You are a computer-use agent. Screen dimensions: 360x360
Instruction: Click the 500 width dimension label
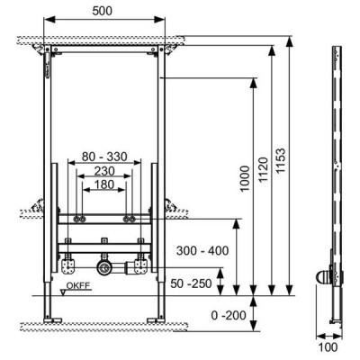coord(102,11)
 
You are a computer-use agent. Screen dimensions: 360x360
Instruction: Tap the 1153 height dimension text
coord(281,161)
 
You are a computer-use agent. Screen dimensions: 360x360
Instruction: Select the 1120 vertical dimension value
coord(264,169)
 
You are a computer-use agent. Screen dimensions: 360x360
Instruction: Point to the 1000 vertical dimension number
coord(245,178)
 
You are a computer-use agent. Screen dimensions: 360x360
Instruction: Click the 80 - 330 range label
coord(104,157)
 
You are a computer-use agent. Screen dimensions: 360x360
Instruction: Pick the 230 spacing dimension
coord(104,171)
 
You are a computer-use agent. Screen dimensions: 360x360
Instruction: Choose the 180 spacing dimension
coord(104,184)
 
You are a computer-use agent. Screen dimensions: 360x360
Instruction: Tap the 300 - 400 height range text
coord(202,250)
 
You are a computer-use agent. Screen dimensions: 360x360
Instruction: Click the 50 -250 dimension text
coord(191,283)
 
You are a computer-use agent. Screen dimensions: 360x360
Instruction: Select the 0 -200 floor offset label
coord(229,315)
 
